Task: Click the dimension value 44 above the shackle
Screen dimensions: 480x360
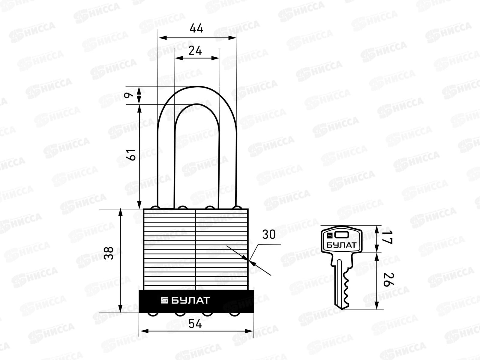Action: coord(196,28)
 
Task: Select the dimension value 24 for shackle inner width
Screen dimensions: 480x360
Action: coord(195,51)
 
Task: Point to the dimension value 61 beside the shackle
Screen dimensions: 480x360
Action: coord(132,155)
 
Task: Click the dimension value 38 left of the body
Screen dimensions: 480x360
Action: coord(109,253)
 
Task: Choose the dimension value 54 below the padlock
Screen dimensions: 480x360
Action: coord(195,324)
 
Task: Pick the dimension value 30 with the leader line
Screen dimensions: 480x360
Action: coord(269,235)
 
